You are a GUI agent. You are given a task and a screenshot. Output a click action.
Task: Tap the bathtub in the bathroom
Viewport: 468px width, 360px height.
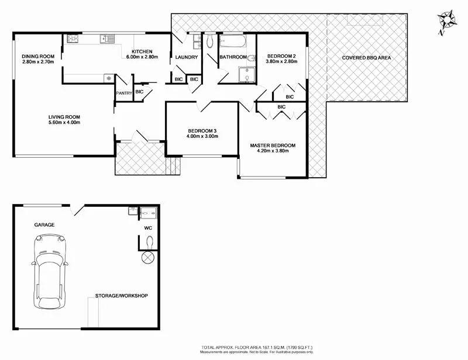click(x=232, y=43)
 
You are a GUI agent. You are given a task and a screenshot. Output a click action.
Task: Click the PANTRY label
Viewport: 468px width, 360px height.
click(x=123, y=93)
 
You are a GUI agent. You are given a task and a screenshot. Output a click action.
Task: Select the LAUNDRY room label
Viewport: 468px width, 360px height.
click(x=187, y=57)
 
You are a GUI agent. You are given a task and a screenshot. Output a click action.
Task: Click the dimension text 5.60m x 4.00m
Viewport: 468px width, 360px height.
click(x=64, y=123)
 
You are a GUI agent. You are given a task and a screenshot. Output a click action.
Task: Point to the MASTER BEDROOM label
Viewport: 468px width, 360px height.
click(x=273, y=146)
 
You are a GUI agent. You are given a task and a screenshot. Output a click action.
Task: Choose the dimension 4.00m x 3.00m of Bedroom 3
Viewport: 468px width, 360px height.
click(x=202, y=136)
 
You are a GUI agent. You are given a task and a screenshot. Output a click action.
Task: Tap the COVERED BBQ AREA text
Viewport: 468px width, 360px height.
click(x=366, y=58)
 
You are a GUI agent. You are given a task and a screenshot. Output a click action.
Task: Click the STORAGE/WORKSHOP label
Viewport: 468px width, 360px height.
click(x=121, y=296)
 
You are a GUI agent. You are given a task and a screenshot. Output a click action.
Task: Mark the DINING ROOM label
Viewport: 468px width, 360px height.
click(x=38, y=56)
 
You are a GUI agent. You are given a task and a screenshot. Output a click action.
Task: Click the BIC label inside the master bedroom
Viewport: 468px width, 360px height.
click(x=281, y=107)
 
